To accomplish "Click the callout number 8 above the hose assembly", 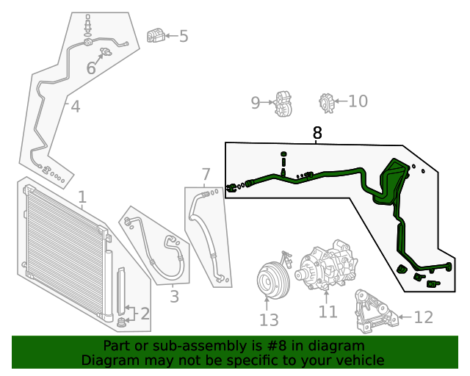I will (317, 133).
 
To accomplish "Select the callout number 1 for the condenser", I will (82, 197).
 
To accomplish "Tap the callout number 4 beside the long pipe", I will (75, 107).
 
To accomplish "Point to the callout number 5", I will (184, 35).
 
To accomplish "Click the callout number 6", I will (91, 68).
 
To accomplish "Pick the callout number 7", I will (206, 174).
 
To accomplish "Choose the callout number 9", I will (256, 103).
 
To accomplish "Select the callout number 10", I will (358, 101).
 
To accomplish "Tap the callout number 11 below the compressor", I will (328, 312).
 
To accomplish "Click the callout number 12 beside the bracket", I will (424, 317).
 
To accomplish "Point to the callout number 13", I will (269, 320).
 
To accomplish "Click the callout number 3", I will (174, 297).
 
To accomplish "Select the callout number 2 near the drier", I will (144, 314).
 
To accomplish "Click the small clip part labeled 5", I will (155, 35).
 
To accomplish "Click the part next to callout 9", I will (283, 104).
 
